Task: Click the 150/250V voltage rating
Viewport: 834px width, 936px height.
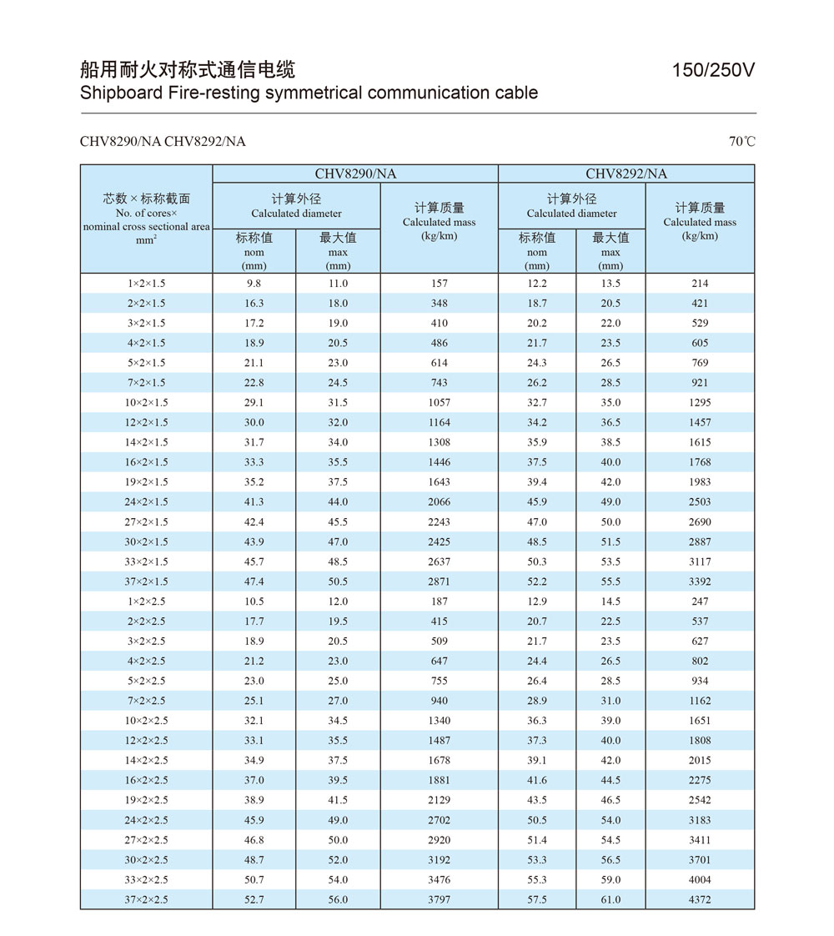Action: [x=713, y=71]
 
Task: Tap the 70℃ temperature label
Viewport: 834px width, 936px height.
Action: [x=741, y=142]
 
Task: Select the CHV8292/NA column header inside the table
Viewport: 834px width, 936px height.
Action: [x=626, y=174]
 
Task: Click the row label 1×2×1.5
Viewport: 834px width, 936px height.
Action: [x=147, y=284]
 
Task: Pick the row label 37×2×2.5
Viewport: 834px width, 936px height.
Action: [x=147, y=900]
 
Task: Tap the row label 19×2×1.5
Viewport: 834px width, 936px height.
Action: [x=147, y=482]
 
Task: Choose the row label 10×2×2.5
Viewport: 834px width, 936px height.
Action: [x=147, y=721]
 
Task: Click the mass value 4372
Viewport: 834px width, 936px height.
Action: [x=700, y=900]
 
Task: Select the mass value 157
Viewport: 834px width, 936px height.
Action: [x=439, y=284]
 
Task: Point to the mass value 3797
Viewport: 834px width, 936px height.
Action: [x=439, y=900]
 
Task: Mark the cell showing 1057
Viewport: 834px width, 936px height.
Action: [x=439, y=403]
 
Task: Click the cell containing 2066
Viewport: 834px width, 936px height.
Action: [x=439, y=502]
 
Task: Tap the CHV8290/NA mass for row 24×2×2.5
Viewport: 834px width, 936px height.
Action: [x=439, y=820]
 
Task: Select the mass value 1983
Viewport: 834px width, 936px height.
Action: [x=700, y=482]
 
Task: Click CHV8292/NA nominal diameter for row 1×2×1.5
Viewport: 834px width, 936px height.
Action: [x=537, y=284]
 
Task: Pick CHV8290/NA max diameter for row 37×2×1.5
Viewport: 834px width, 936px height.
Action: [x=338, y=581]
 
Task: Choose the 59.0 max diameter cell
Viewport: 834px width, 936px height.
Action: [x=610, y=880]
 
